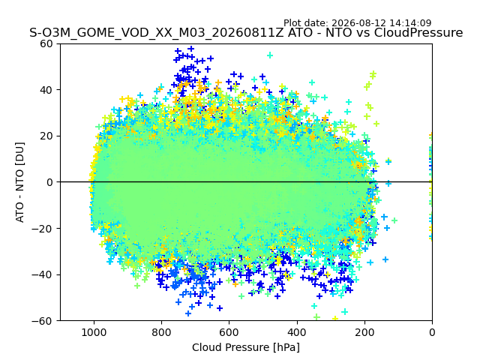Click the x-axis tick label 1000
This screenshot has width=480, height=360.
click(94, 332)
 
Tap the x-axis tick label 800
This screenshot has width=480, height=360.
click(162, 332)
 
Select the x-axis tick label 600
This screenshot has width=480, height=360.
click(229, 332)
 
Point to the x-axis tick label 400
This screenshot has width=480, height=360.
click(297, 332)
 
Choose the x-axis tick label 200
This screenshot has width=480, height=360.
click(364, 332)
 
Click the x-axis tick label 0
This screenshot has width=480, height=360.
click(432, 332)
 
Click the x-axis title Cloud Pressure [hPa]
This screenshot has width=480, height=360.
click(246, 348)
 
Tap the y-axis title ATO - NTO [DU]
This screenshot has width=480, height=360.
click(20, 182)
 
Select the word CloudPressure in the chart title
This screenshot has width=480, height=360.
click(418, 33)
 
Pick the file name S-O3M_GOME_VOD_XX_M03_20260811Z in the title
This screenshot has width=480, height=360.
click(157, 33)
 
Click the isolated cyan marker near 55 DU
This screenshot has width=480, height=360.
click(270, 55)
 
